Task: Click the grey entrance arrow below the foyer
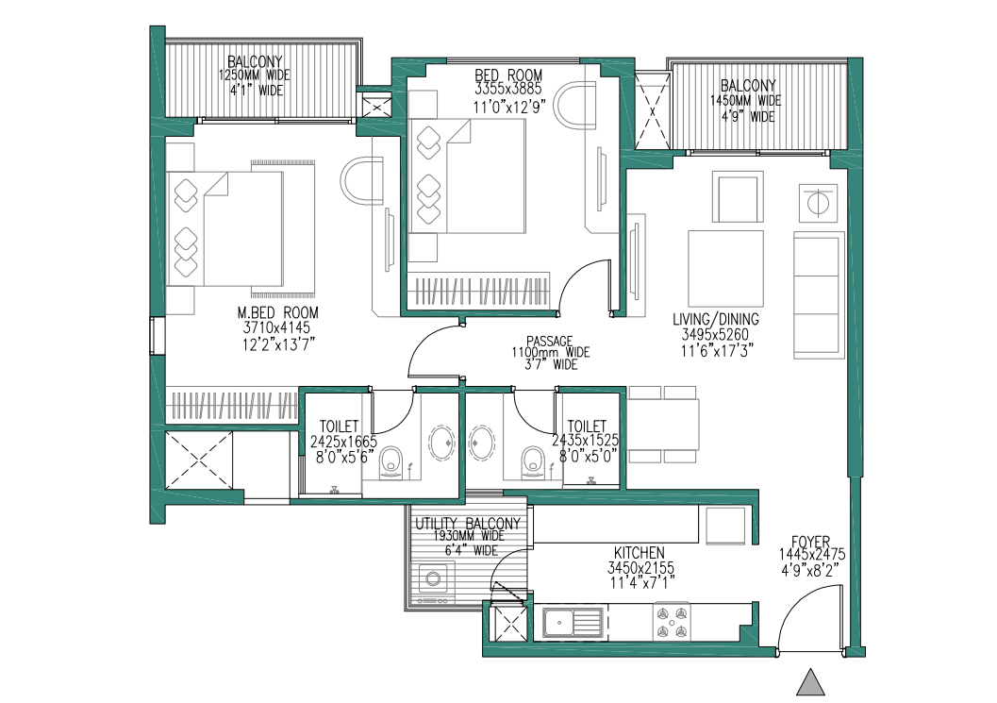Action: [810, 682]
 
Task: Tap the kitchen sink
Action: [573, 622]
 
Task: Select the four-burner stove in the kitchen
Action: [672, 622]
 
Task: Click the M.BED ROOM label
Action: [277, 312]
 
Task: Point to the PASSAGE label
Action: [549, 342]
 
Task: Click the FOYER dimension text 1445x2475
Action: [812, 555]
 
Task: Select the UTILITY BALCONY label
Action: [467, 524]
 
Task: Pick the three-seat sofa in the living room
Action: [819, 294]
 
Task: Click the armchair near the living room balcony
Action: [738, 196]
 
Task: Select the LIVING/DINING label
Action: [715, 319]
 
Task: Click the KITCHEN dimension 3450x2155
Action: [641, 567]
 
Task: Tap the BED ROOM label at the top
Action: [508, 75]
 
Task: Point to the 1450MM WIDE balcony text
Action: [746, 101]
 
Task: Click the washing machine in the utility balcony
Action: [433, 578]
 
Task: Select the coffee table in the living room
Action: [725, 269]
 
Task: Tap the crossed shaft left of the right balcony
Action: [653, 110]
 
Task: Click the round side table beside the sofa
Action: [818, 202]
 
